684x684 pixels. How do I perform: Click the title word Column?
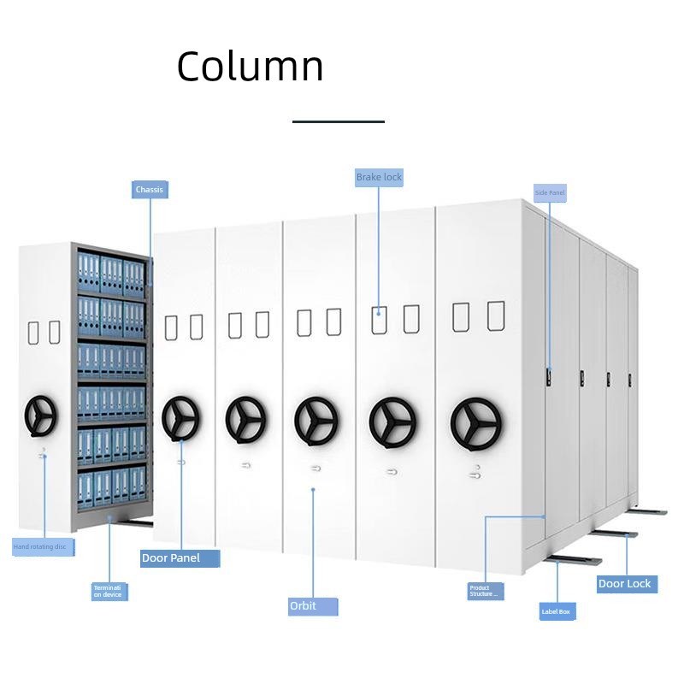pyautogui.click(x=250, y=67)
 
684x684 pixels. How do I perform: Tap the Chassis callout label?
pyautogui.click(x=150, y=189)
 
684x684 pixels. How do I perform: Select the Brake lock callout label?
pyautogui.click(x=379, y=177)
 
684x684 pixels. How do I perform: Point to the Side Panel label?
pyautogui.click(x=550, y=193)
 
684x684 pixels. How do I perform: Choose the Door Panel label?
pyautogui.click(x=180, y=558)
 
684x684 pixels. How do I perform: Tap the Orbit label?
pyautogui.click(x=312, y=606)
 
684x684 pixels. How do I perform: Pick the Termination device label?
pyautogui.click(x=109, y=591)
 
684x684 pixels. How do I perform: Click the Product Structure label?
pyautogui.click(x=485, y=590)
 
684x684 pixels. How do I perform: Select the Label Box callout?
pyautogui.click(x=557, y=611)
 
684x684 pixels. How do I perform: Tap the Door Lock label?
pyautogui.click(x=624, y=584)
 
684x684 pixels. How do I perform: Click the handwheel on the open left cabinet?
pyautogui.click(x=39, y=416)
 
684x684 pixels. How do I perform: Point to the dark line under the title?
pyautogui.click(x=339, y=121)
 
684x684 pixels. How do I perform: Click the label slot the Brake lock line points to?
pyautogui.click(x=379, y=319)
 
